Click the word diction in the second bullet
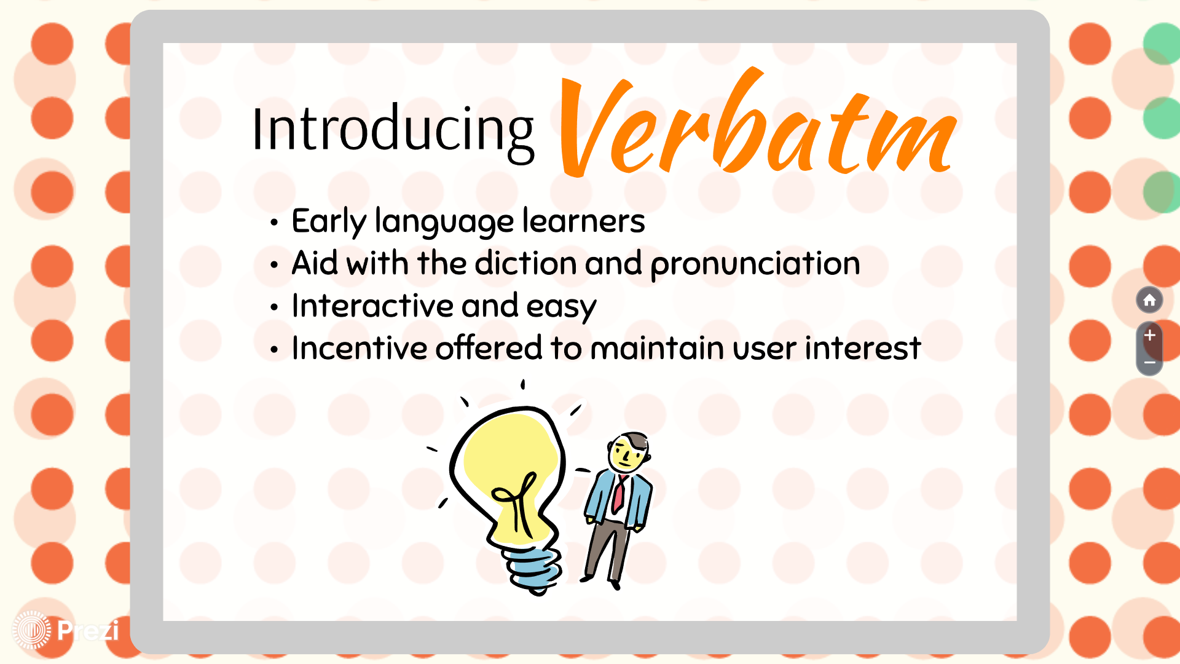tap(525, 263)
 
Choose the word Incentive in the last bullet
tap(359, 348)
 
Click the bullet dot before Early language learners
tap(274, 223)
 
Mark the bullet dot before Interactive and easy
tap(274, 307)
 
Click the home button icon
tap(1149, 300)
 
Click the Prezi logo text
tap(88, 631)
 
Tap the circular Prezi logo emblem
tap(31, 630)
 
